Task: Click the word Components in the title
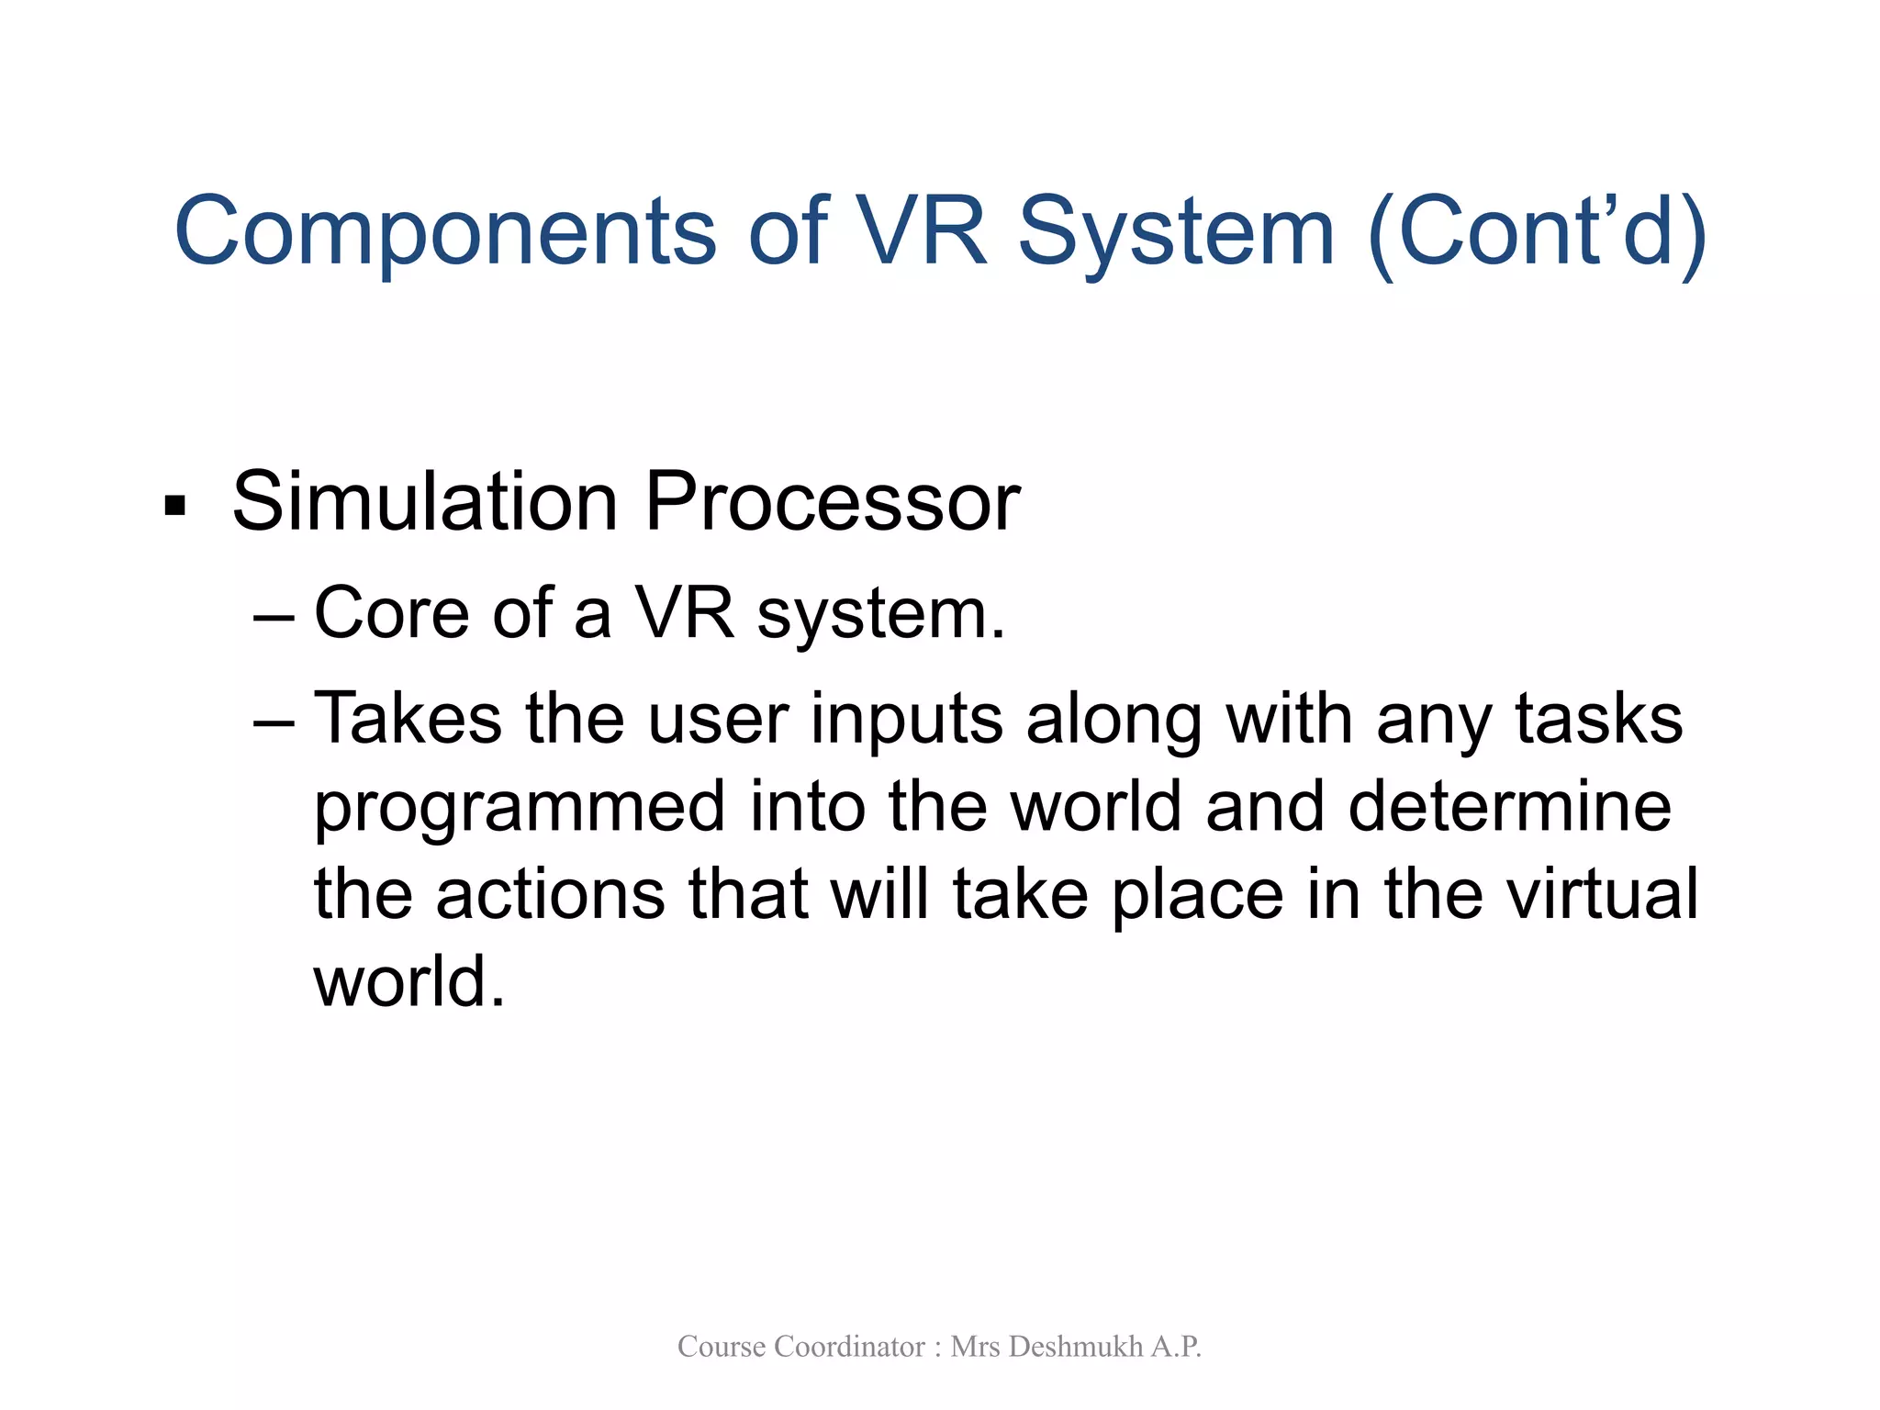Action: pyautogui.click(x=444, y=232)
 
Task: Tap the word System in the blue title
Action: pyautogui.click(x=1176, y=232)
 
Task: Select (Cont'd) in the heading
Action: pyautogui.click(x=1537, y=232)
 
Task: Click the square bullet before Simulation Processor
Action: pyautogui.click(x=174, y=506)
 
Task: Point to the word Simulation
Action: pyautogui.click(x=425, y=501)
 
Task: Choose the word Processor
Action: pyautogui.click(x=832, y=501)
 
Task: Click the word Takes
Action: pyautogui.click(x=408, y=718)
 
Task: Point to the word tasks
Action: pyautogui.click(x=1598, y=718)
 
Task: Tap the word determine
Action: pyautogui.click(x=1509, y=806)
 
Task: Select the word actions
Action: pyautogui.click(x=550, y=894)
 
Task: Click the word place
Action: pyautogui.click(x=1197, y=896)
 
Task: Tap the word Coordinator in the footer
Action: pyautogui.click(x=849, y=1347)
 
